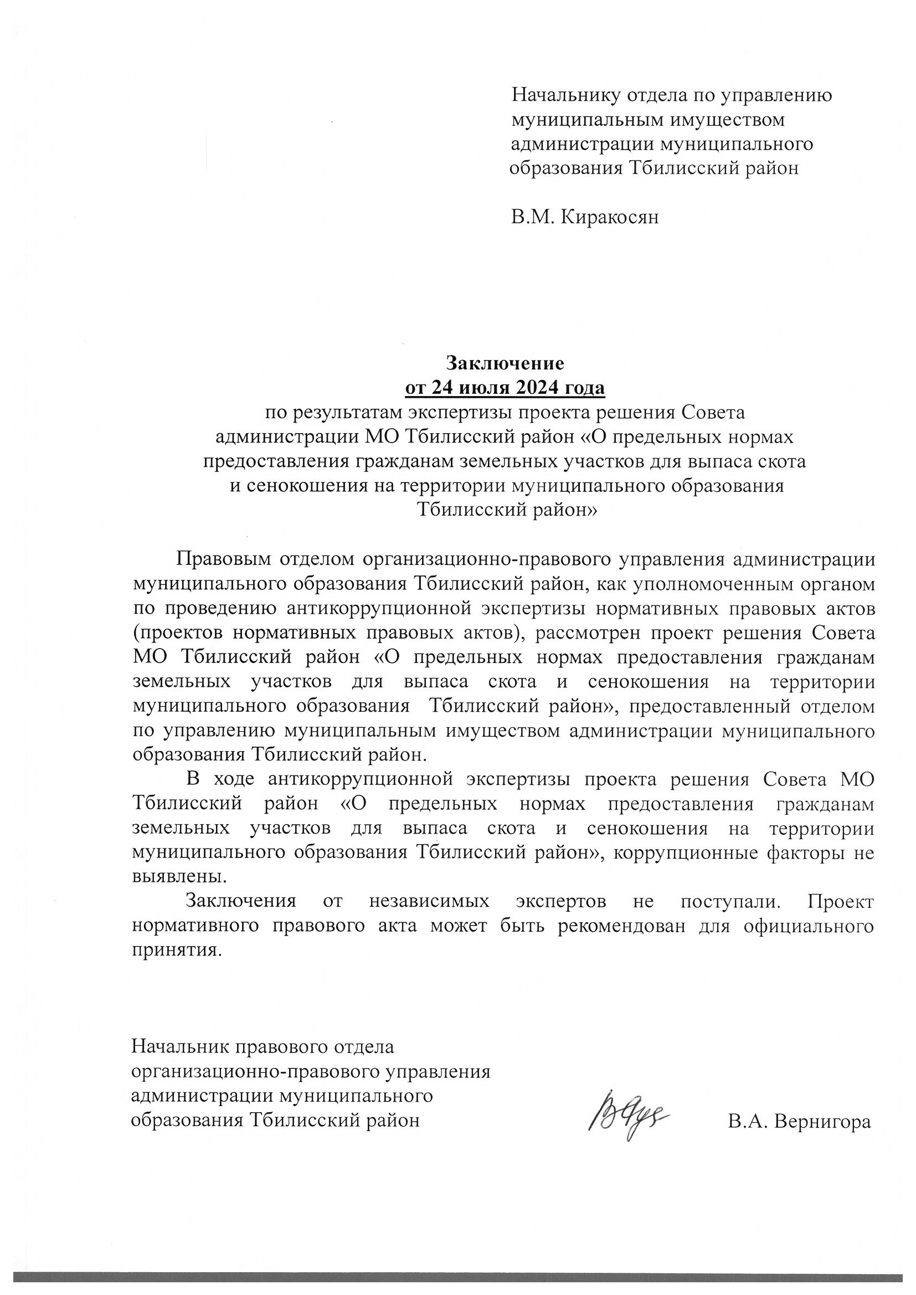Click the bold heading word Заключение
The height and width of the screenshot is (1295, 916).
point(505,363)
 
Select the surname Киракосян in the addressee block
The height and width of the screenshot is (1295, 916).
point(609,217)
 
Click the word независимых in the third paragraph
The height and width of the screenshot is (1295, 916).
point(429,901)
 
